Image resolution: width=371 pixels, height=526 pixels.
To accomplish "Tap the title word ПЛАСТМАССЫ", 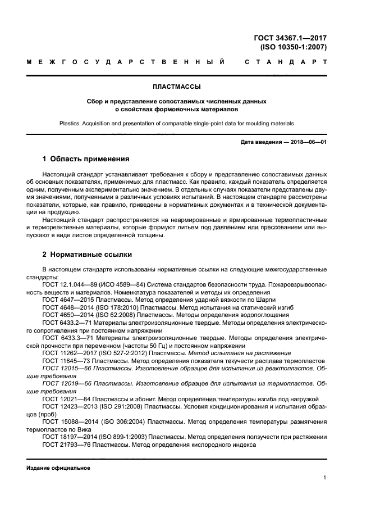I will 177,87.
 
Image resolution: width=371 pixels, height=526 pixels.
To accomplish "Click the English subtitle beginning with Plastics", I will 177,123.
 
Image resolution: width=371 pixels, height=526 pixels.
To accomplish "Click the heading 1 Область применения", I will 86,159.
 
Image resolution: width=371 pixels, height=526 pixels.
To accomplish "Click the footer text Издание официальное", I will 58,468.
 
